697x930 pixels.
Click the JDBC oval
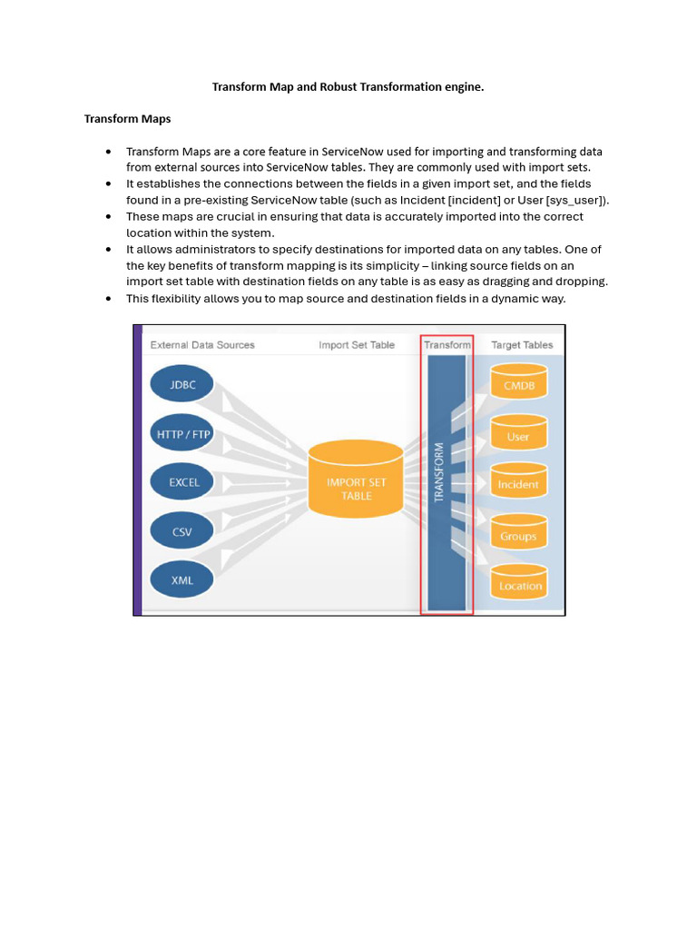click(x=184, y=385)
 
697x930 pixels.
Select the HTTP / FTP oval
click(x=184, y=434)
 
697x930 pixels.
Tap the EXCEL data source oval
click(x=184, y=482)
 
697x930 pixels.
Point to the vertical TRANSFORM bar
click(x=446, y=481)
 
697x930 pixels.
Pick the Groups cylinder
click(x=518, y=535)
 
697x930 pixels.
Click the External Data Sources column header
click(x=202, y=345)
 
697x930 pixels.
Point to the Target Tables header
click(x=522, y=345)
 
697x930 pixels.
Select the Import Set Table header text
click(x=357, y=345)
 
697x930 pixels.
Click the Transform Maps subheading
click(x=128, y=118)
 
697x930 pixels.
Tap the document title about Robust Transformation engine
click(x=348, y=87)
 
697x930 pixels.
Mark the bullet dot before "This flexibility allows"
click(x=108, y=299)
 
